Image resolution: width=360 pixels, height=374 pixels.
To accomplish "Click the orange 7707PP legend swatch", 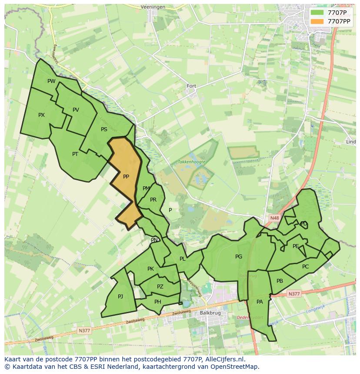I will click(317, 21).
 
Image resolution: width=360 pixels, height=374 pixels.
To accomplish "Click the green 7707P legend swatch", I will click(317, 13).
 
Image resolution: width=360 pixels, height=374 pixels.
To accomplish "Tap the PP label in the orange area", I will click(126, 177).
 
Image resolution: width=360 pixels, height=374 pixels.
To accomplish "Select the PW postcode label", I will click(51, 81).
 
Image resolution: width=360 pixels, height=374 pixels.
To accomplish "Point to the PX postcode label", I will click(41, 115).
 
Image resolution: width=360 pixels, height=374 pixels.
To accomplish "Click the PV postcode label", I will click(76, 110).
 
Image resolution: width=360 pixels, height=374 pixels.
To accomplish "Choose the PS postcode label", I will click(104, 129).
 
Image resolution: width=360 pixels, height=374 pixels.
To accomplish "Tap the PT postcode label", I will click(75, 154).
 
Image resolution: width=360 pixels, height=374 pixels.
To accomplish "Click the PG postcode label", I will click(239, 257).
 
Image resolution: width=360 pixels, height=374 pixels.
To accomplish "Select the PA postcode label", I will click(260, 302).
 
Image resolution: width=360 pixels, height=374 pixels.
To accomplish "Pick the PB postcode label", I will click(280, 281).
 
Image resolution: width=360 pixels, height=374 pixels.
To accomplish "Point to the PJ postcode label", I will click(120, 297).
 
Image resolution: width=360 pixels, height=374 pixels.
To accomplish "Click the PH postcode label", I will click(158, 302).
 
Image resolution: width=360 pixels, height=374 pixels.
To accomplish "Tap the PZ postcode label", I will click(160, 287).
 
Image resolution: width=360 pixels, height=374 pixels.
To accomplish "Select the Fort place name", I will click(191, 86).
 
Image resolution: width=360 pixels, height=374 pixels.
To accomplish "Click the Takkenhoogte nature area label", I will click(191, 162).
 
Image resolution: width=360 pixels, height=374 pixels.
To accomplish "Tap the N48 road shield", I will click(274, 218).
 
